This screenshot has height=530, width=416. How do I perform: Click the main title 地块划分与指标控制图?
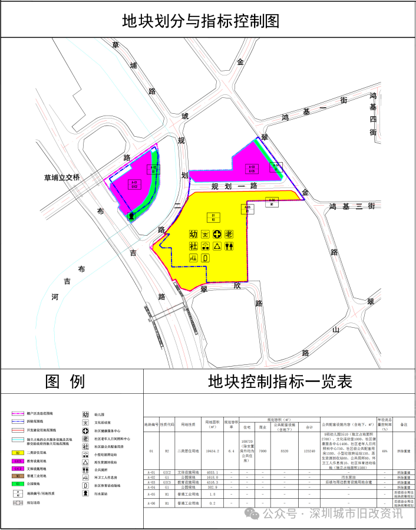[x=200, y=21]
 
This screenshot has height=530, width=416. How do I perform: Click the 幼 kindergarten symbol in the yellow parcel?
[x=193, y=234]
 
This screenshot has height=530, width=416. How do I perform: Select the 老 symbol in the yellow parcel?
[x=229, y=234]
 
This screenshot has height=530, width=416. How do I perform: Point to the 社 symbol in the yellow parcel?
[x=193, y=246]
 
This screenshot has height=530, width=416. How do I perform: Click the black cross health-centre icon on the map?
[x=217, y=234]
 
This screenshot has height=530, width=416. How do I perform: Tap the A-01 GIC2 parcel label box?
[x=134, y=184]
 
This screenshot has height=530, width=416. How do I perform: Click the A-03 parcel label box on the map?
[x=252, y=169]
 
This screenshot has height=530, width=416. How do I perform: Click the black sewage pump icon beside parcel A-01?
[x=131, y=216]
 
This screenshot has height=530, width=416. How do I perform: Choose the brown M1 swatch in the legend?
[x=19, y=475]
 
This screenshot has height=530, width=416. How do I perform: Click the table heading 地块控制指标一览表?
[x=279, y=382]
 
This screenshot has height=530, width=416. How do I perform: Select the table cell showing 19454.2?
[x=212, y=450]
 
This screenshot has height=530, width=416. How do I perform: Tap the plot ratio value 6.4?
[x=232, y=450]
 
